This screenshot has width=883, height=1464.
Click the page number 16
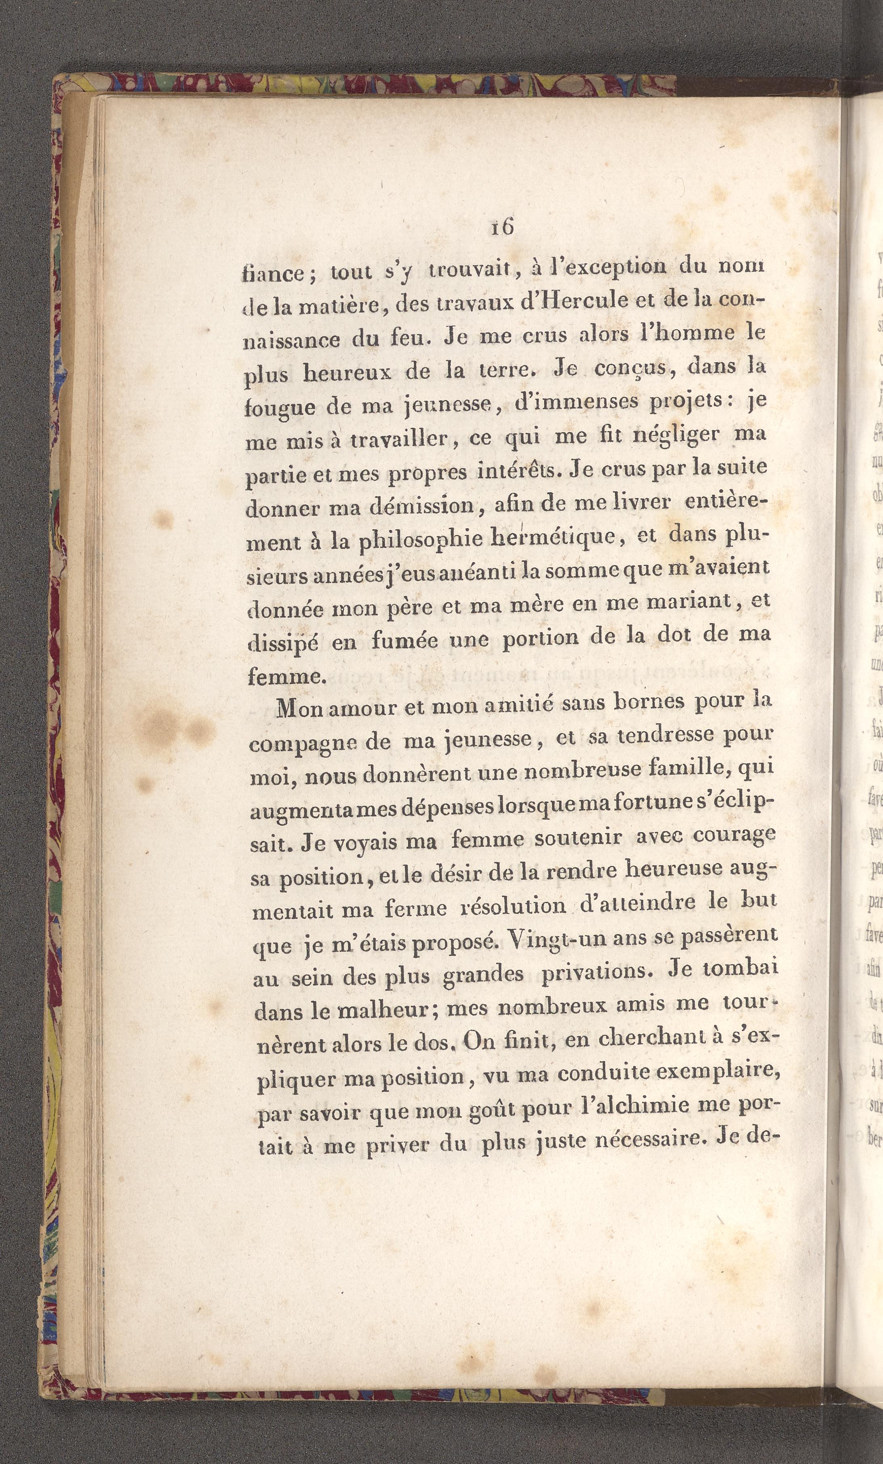point(502,227)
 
